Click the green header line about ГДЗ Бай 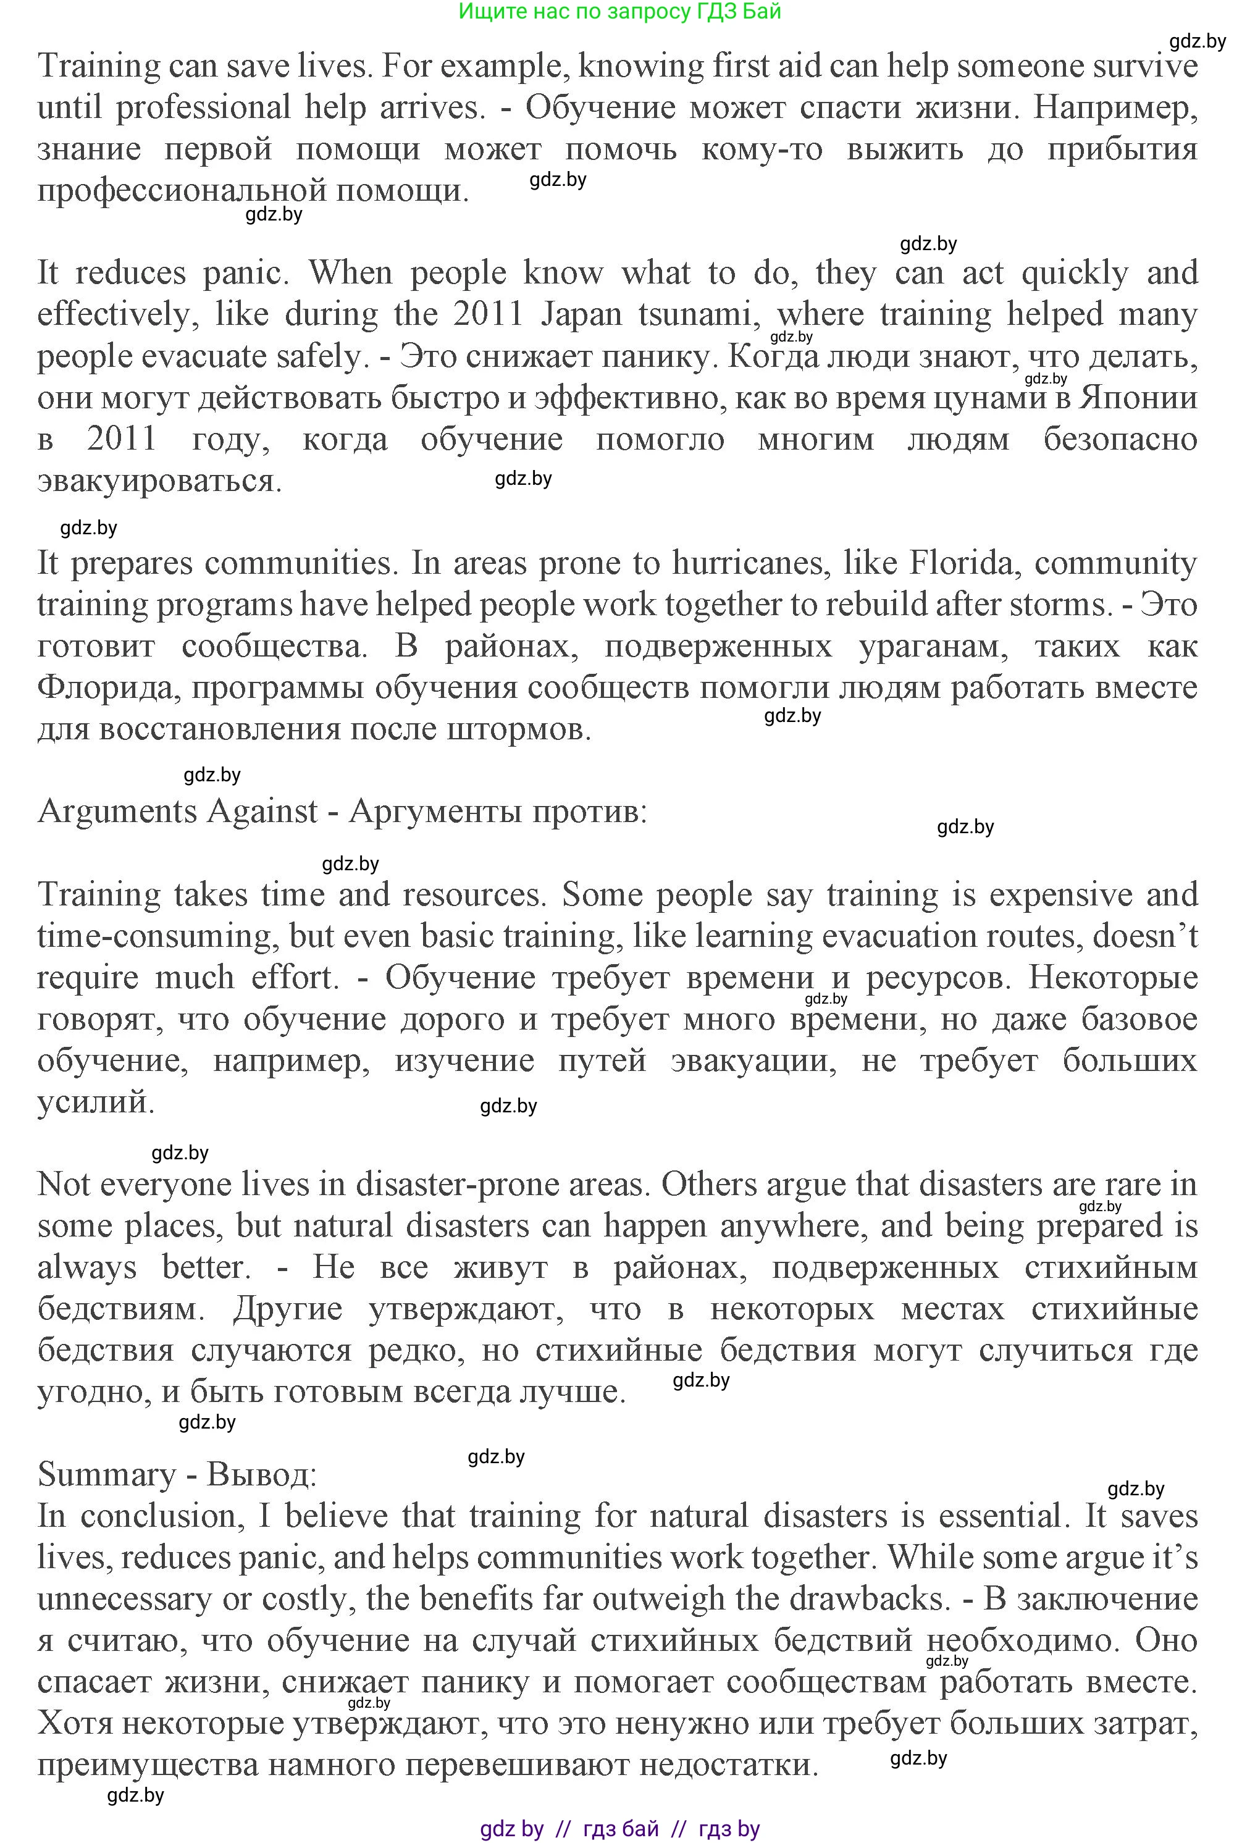(x=619, y=12)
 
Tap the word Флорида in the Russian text (x=103, y=687)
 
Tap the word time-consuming (x=154, y=936)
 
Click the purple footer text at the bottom (x=619, y=1829)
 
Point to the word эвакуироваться (x=159, y=481)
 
